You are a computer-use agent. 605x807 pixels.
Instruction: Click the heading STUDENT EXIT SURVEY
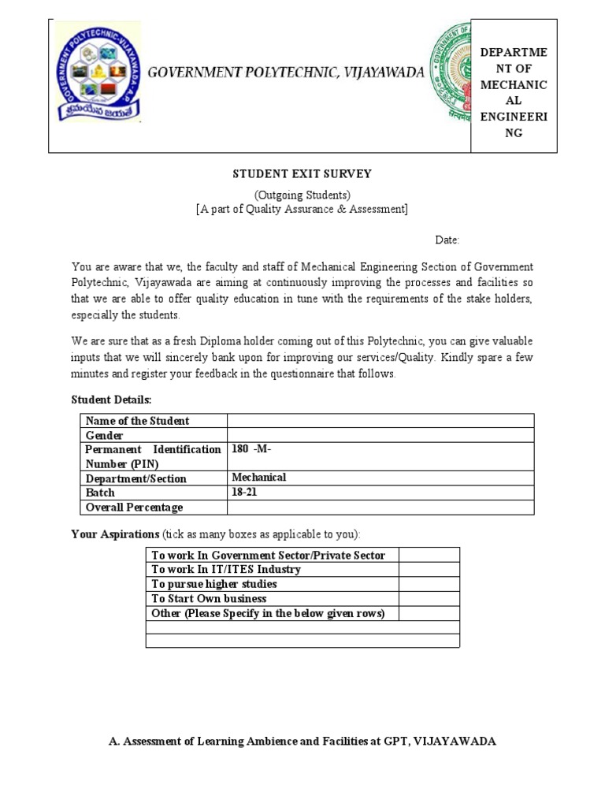click(x=302, y=174)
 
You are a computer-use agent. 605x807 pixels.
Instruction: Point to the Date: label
click(x=447, y=240)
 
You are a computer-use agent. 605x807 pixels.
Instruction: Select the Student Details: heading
click(x=111, y=400)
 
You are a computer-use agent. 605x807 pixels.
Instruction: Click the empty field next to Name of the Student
click(x=380, y=421)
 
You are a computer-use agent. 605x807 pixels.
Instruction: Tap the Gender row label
click(x=105, y=435)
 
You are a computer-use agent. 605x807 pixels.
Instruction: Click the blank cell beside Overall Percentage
click(x=380, y=507)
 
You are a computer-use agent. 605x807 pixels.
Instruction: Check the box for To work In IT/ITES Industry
click(x=429, y=570)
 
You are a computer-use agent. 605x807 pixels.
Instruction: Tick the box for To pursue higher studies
click(x=429, y=584)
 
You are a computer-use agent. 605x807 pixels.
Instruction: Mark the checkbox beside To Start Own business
click(x=429, y=599)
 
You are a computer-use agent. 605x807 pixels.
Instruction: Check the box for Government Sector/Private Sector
click(x=429, y=556)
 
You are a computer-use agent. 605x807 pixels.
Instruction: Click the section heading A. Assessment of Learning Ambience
click(x=302, y=742)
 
